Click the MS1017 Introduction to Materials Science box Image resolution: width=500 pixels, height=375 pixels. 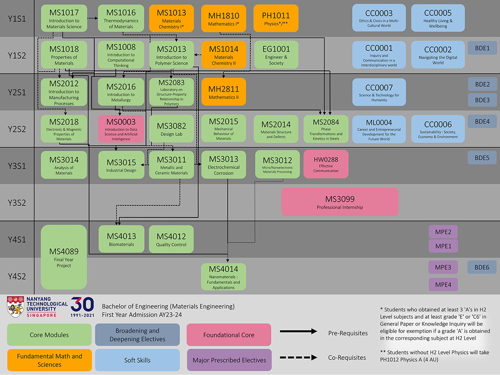[x=64, y=18]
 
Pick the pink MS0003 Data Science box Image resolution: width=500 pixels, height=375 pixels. [x=121, y=129]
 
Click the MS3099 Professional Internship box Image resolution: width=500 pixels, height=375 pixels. [x=340, y=202]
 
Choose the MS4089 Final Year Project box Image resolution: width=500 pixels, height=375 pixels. [x=64, y=257]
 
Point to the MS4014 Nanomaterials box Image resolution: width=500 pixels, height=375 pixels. [x=223, y=276]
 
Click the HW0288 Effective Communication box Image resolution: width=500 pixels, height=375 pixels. [x=326, y=164]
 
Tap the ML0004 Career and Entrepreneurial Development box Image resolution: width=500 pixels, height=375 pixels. [x=379, y=129]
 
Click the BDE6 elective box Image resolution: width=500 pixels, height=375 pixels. [x=482, y=267]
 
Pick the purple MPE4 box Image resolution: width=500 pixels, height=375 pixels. [x=443, y=285]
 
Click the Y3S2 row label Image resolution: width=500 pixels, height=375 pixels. [x=17, y=202]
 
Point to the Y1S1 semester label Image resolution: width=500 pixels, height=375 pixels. [x=17, y=18]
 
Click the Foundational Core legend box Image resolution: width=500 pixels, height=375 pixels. [x=229, y=335]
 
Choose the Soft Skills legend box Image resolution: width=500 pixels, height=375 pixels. [x=137, y=360]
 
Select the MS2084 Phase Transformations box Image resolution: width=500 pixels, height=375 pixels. [x=326, y=129]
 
